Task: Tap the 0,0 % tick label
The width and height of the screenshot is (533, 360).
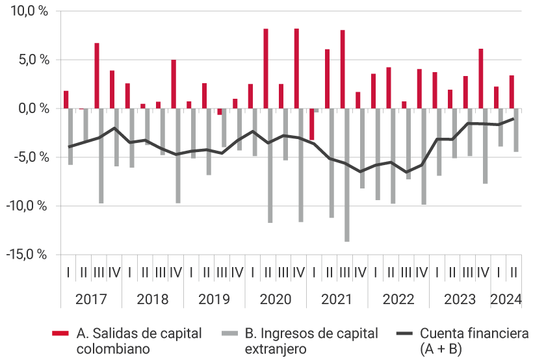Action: pos(30,109)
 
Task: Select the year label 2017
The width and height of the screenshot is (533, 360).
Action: pos(92,300)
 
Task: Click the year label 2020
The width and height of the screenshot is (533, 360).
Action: pos(276,300)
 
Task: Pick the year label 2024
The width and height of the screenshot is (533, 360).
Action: pos(506,300)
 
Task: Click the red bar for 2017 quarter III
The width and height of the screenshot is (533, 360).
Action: pos(97,75)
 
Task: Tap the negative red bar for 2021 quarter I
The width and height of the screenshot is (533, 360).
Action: pos(311,123)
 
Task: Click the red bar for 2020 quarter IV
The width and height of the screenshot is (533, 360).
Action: pos(296,68)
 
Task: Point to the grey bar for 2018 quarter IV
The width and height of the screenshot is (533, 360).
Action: pos(178,155)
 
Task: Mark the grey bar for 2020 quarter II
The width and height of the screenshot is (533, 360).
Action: pos(270,165)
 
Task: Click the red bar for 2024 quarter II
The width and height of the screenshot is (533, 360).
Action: pos(512,92)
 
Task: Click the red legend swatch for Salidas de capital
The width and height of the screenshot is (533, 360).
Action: pos(60,333)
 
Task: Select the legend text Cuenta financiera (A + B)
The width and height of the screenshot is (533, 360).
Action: pos(474,341)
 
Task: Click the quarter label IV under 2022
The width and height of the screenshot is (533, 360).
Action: pos(421,272)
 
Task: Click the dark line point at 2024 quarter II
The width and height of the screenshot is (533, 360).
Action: pos(513,119)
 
